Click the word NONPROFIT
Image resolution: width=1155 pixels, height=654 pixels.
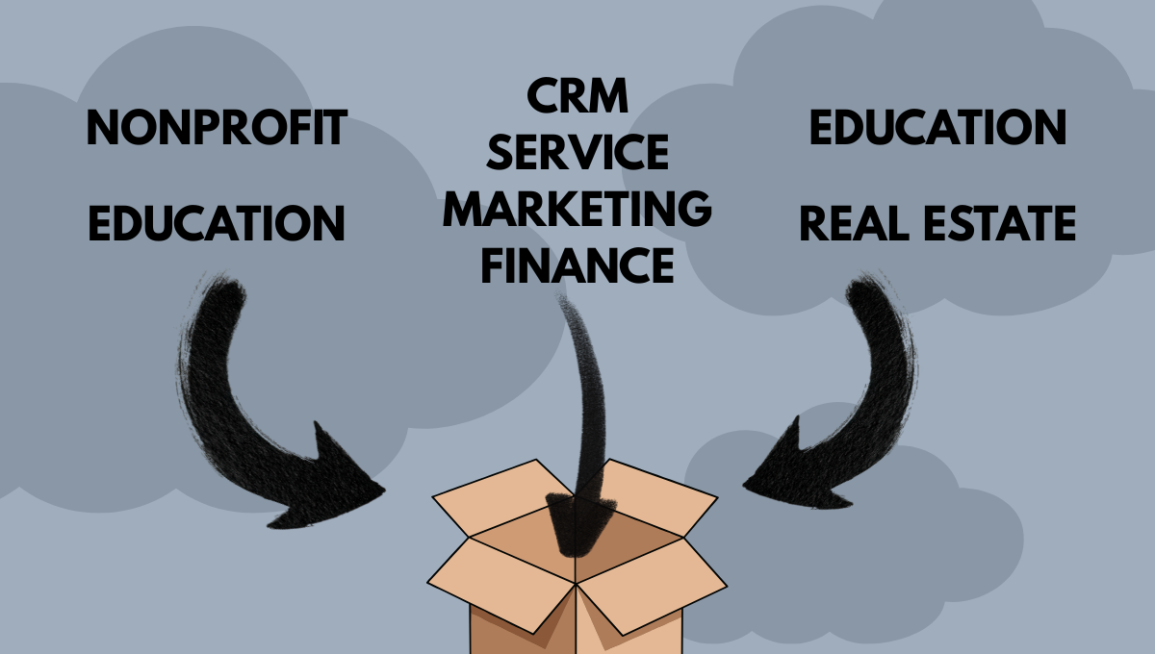216,129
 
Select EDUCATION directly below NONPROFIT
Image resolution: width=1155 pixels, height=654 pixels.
216,222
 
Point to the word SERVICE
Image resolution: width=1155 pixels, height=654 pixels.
577,155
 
